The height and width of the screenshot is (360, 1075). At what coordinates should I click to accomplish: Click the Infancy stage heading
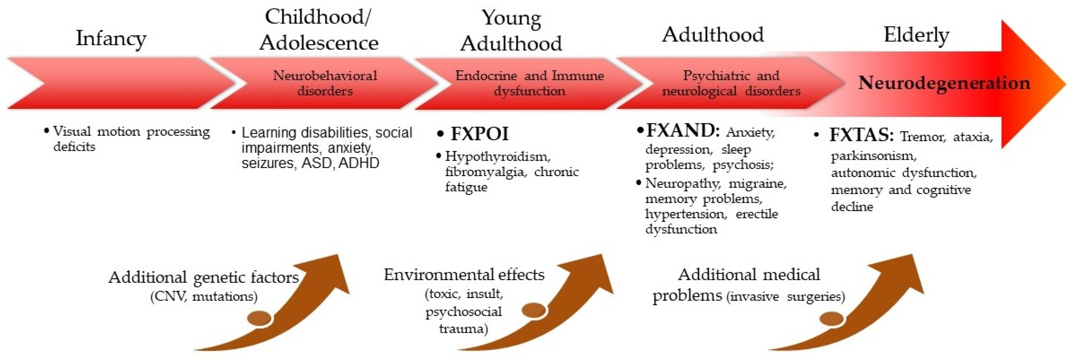click(x=111, y=39)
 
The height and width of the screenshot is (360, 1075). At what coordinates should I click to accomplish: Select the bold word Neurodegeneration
click(x=944, y=83)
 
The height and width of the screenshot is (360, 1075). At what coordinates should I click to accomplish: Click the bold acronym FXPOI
click(x=480, y=134)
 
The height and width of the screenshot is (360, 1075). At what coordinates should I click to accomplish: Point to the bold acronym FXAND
click(x=682, y=131)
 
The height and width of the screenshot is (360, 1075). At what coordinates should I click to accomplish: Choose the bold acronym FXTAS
click(x=861, y=135)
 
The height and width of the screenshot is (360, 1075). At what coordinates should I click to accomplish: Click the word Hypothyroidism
click(x=498, y=156)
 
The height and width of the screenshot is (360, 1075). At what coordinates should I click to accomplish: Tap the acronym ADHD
click(x=359, y=163)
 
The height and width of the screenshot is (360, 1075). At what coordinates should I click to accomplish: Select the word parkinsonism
click(x=873, y=156)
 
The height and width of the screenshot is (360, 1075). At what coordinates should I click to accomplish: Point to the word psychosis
click(x=742, y=165)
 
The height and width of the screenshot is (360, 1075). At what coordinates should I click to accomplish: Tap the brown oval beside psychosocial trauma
click(x=534, y=310)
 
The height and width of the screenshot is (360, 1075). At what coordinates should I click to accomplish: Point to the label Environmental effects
click(x=464, y=275)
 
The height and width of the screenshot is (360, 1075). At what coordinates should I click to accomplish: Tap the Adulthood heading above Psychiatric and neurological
click(x=713, y=35)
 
